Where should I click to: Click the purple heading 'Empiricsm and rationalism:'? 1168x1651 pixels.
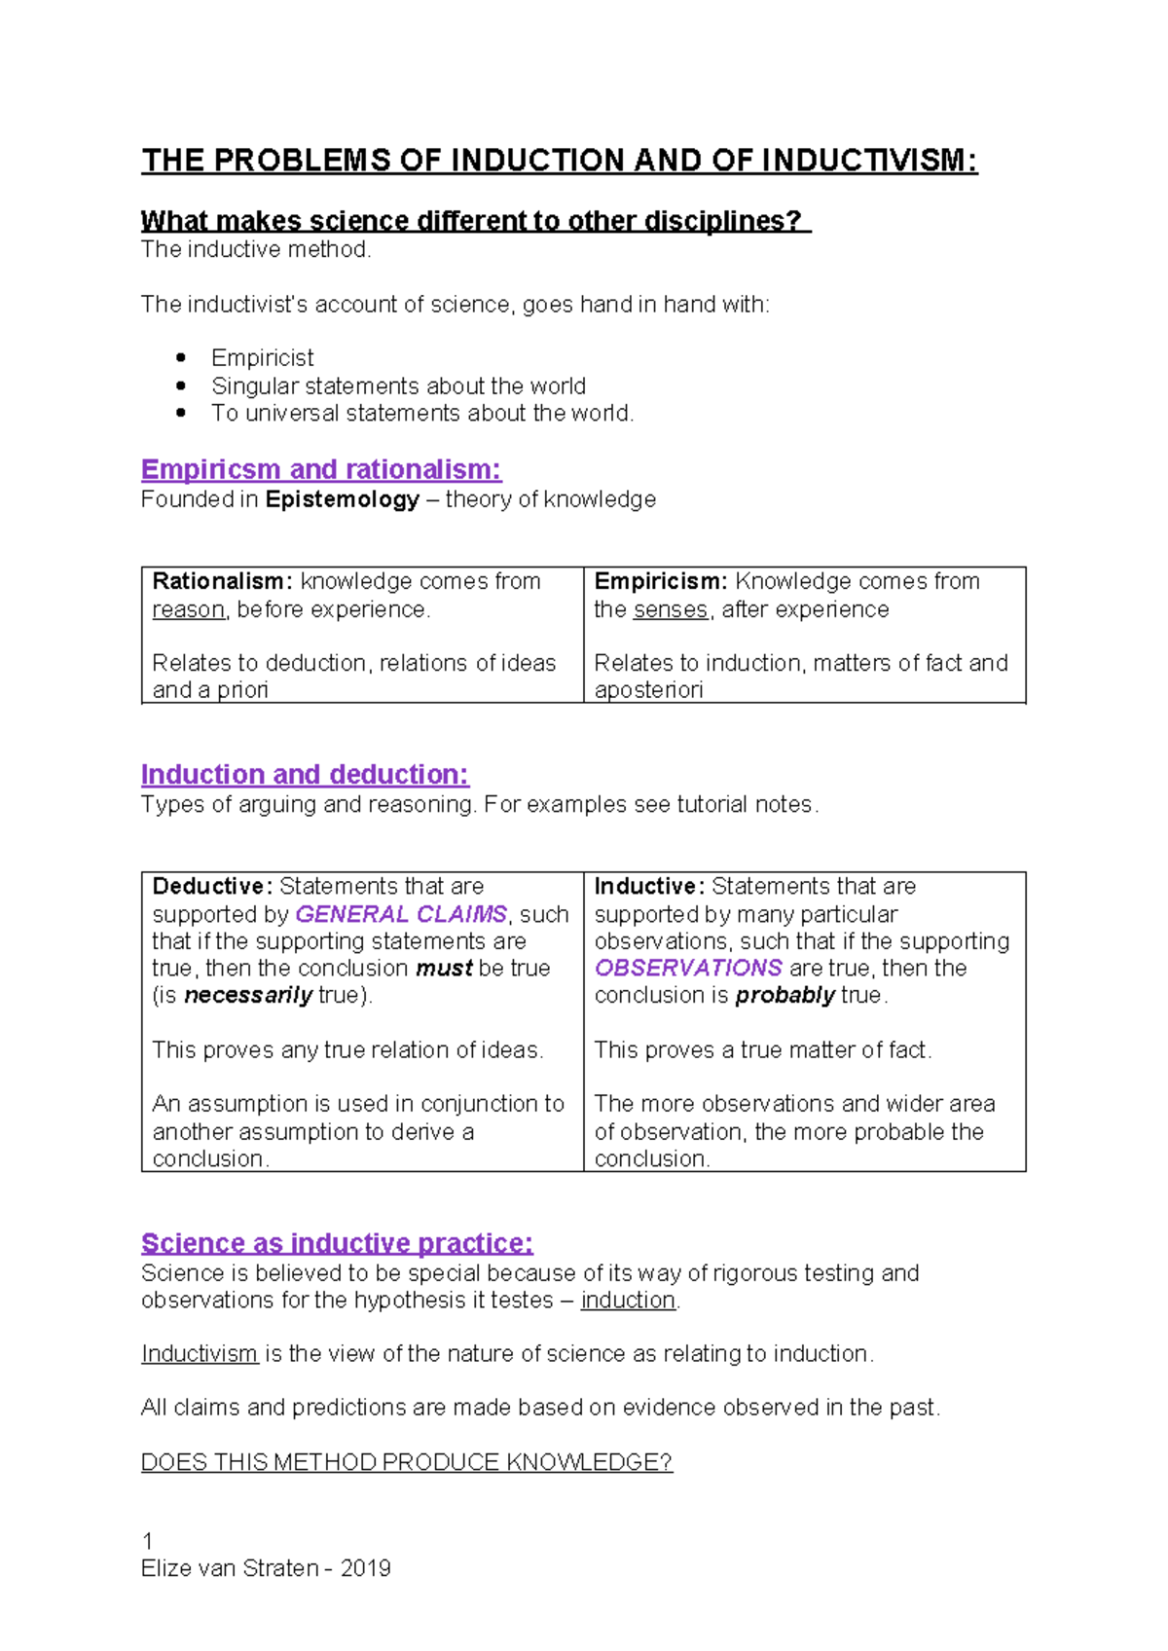coord(321,470)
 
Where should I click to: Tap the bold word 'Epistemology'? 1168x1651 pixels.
coord(343,499)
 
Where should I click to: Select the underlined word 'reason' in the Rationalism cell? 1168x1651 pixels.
coord(188,609)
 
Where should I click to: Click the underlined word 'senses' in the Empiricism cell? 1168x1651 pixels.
coord(671,609)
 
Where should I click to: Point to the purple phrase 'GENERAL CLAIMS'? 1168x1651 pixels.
coord(401,914)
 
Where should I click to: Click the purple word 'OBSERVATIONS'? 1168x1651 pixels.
coord(688,968)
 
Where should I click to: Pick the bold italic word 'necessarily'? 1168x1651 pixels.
coord(248,995)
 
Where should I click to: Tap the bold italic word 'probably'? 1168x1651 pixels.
coord(785,995)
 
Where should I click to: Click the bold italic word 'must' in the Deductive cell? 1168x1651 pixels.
coord(444,968)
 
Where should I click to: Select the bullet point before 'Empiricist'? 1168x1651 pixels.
coord(181,357)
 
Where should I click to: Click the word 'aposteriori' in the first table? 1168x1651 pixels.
coord(648,689)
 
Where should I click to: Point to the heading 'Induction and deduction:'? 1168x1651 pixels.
coord(305,775)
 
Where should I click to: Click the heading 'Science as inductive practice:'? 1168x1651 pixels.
coord(337,1243)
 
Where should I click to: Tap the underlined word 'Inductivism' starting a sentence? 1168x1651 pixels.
coord(200,1353)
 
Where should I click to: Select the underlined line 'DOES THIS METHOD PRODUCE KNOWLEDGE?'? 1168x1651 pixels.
coord(407,1462)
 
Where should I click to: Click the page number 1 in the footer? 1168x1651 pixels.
coord(147,1541)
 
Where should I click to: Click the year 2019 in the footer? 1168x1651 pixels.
coord(366,1568)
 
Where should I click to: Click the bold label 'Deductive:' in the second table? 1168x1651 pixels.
coord(212,886)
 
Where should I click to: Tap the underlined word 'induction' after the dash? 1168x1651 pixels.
coord(628,1300)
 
